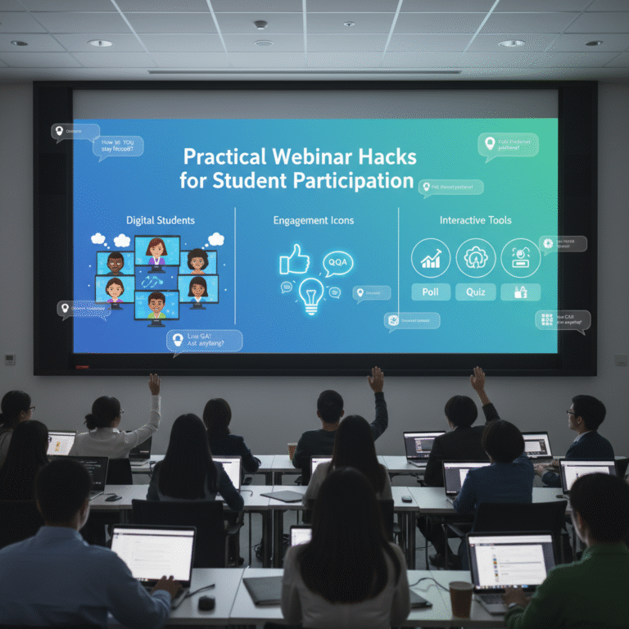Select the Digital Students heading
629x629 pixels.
161,220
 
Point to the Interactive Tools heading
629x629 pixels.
475,220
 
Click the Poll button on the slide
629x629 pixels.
431,292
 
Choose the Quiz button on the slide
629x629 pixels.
475,292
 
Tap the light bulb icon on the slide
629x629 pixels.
311,295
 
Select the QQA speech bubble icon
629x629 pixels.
337,261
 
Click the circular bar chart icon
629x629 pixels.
431,258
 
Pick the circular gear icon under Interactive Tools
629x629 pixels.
475,258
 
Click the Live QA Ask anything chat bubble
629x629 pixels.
205,340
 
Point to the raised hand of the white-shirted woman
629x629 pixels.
154,383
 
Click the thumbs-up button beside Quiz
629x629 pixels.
520,292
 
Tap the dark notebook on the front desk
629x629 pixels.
262,590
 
